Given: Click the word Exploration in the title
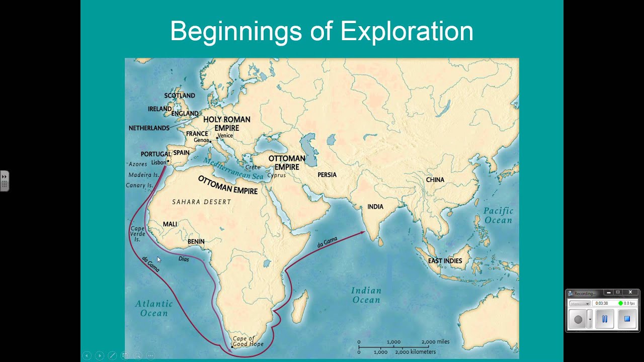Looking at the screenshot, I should click(x=407, y=32).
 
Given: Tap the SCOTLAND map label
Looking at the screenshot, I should click(x=180, y=96).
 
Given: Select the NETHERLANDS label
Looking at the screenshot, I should click(x=149, y=128).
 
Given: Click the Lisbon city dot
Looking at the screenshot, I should click(x=169, y=161).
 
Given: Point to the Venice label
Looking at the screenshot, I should click(x=225, y=136).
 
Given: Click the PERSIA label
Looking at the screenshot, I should click(x=327, y=175).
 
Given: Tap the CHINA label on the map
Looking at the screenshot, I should click(x=435, y=179).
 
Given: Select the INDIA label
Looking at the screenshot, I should click(x=375, y=207).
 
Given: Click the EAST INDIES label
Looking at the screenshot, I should click(x=445, y=261).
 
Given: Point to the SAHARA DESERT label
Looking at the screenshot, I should click(x=201, y=202).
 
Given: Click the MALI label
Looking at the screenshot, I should click(x=170, y=224).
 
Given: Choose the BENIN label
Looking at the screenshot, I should click(x=196, y=241).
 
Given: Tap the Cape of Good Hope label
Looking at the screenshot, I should click(x=244, y=342).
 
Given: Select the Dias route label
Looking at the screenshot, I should click(x=184, y=259).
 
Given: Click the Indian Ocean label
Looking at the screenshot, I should click(x=366, y=295).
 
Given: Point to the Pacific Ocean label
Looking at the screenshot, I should click(x=498, y=216).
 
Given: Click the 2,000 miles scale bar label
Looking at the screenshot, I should click(x=436, y=342).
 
